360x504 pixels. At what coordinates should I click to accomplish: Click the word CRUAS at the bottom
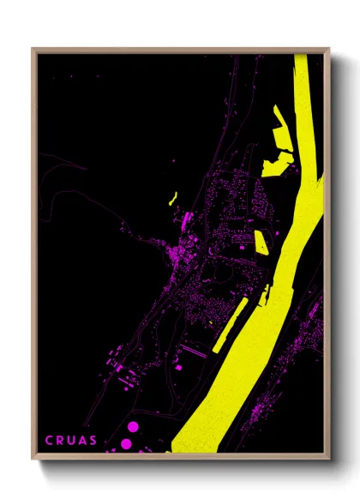(x=71, y=441)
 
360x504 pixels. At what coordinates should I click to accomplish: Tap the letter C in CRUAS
(x=49, y=441)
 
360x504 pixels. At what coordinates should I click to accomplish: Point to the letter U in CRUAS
(x=71, y=441)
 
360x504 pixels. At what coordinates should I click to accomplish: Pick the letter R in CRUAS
(x=60, y=441)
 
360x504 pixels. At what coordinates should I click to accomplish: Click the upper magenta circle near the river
(x=133, y=426)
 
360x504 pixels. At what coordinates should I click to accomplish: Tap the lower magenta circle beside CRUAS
(x=126, y=443)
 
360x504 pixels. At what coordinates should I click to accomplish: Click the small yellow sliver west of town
(x=173, y=199)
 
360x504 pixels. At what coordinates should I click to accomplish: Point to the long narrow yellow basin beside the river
(x=230, y=326)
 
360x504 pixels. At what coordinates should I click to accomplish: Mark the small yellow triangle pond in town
(x=261, y=242)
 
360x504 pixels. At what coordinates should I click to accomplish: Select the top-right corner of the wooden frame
(x=328, y=50)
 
